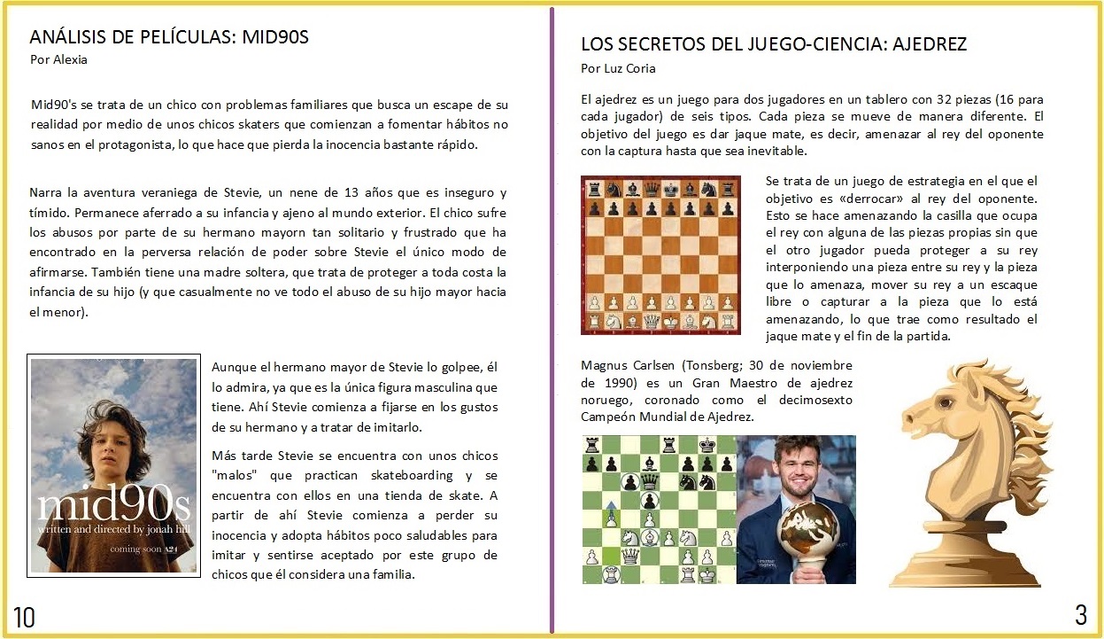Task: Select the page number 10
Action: pos(24,617)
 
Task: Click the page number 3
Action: pos(1080,614)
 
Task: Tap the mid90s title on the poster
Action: pos(113,505)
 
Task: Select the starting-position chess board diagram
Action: pos(660,255)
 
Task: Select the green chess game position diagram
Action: pos(659,509)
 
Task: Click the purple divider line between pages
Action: pos(552,319)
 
